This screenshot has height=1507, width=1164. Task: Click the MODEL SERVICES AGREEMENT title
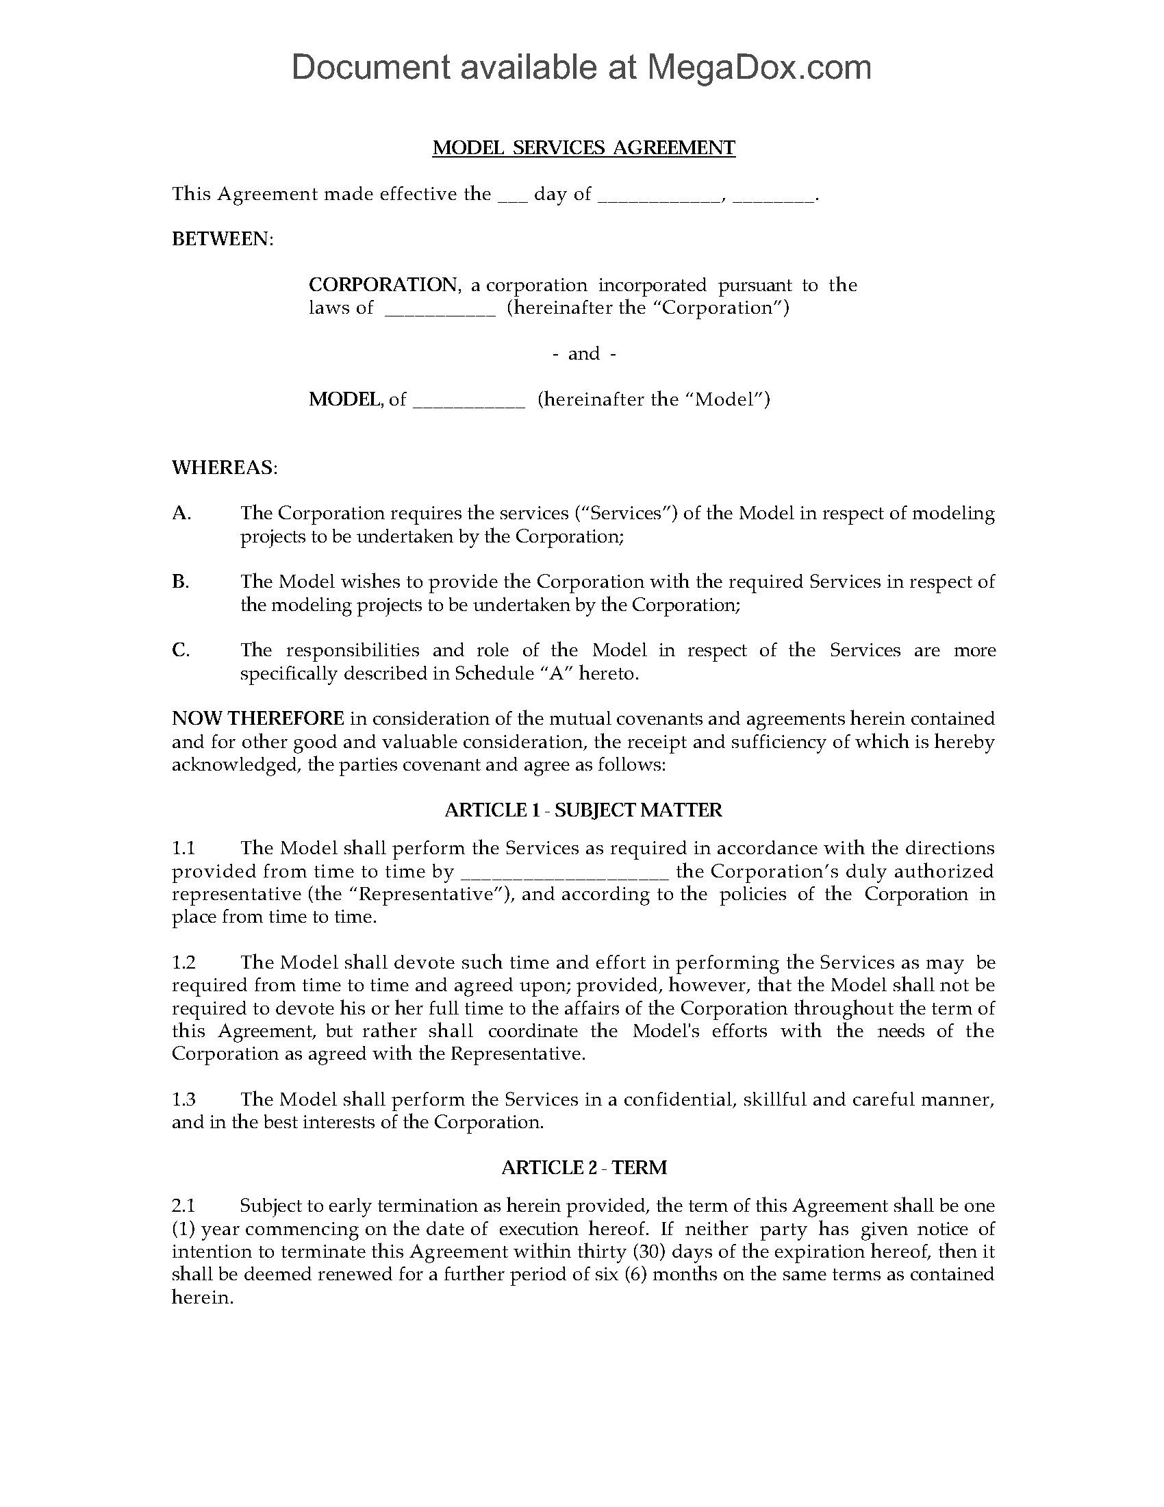pos(583,148)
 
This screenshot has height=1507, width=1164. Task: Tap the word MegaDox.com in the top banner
pos(759,67)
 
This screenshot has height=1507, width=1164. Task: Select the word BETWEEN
pos(222,239)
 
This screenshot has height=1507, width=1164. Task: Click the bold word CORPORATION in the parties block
pos(383,284)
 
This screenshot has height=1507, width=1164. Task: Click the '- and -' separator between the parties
pos(583,353)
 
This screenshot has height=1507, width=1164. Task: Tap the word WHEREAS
pos(224,467)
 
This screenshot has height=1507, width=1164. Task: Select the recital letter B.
pos(180,581)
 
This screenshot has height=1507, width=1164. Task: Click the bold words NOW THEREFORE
pos(258,719)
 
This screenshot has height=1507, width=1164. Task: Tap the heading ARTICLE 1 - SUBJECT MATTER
pos(583,810)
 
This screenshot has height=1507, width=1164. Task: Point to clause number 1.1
pos(184,848)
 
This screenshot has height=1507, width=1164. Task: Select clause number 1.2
pos(184,962)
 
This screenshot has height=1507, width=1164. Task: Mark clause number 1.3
pos(184,1099)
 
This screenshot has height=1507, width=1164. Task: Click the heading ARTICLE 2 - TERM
pos(583,1167)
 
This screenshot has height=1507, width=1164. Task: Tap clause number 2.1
pos(184,1206)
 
